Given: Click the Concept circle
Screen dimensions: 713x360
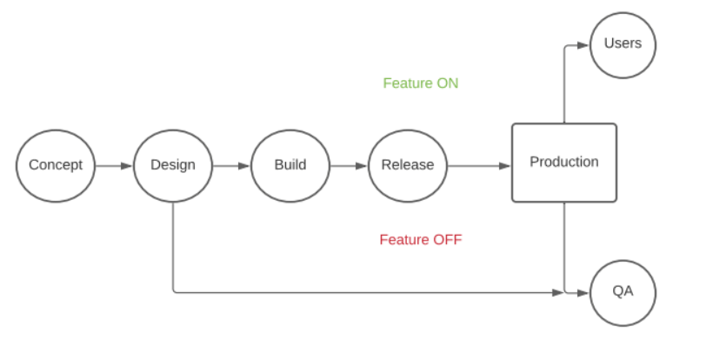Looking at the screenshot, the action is tap(56, 165).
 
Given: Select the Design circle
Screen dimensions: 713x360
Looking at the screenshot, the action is tap(173, 165).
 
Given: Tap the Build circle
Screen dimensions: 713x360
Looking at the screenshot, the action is tap(290, 165).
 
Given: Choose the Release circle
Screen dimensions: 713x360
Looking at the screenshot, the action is tap(408, 165).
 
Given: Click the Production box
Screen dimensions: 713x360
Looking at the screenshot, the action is tap(564, 163).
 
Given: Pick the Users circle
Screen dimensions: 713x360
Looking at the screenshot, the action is tap(623, 45).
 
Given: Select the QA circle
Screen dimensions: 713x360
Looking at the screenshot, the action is tap(623, 293).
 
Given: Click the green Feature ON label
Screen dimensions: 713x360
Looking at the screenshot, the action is tap(421, 83).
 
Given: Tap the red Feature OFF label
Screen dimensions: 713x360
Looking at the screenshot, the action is tap(421, 239).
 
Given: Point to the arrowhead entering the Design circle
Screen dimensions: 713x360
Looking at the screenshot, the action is tap(127, 166).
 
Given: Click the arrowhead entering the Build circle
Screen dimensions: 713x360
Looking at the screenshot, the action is tap(244, 166).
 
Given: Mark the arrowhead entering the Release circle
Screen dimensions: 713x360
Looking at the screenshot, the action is tap(362, 166).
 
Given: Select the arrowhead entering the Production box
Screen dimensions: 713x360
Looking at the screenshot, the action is tap(505, 166).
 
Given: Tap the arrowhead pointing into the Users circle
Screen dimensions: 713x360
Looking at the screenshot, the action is tap(583, 45).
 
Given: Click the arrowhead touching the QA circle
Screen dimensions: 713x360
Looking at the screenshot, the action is tap(583, 293).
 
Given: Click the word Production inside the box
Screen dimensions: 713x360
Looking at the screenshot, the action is tap(564, 162).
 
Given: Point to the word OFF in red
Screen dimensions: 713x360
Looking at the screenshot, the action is tap(448, 239).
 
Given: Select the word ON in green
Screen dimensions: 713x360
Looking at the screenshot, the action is tap(448, 83).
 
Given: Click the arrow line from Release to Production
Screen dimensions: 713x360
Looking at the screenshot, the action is tap(479, 166).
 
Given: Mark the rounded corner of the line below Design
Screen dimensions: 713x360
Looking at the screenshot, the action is tap(175, 291).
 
